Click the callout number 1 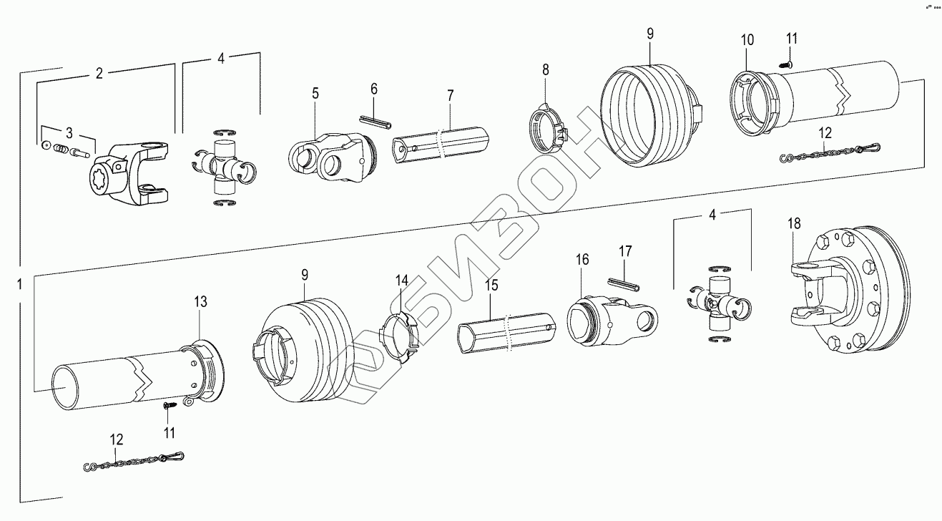[20, 284]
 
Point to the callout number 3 [69, 133]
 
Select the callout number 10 [747, 41]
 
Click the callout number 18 [794, 224]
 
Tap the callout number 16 [582, 260]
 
